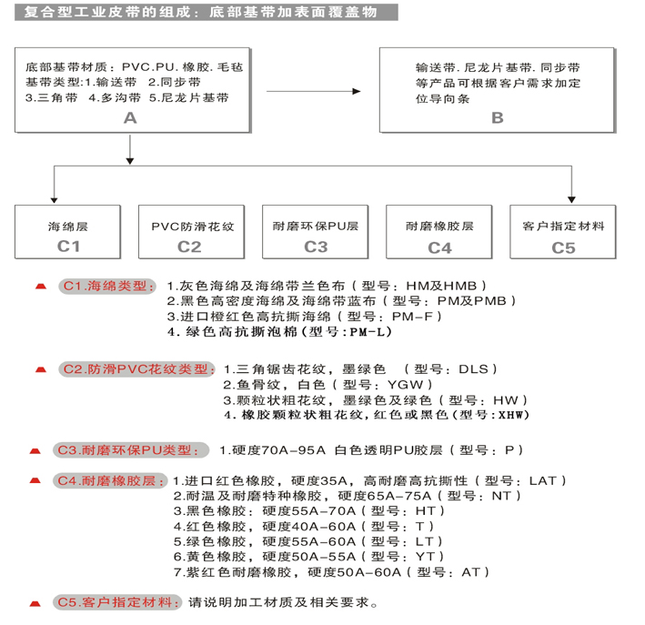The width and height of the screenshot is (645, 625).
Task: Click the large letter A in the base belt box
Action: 130,118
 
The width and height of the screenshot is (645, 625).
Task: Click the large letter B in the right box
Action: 498,118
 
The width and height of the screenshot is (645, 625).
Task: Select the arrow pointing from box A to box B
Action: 314,91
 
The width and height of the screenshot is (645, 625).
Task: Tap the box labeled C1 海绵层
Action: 68,232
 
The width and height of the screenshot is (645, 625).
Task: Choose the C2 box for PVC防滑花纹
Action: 192,232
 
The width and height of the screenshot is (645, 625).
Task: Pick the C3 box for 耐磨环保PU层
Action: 316,232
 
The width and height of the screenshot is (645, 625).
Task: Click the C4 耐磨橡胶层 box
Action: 439,232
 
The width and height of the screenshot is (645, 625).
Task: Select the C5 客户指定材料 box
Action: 563,232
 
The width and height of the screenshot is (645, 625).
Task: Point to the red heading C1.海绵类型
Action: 107,286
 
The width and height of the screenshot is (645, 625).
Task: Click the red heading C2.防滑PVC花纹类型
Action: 137,369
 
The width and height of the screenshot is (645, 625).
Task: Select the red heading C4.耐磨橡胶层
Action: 110,480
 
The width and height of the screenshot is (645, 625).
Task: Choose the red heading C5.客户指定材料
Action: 117,602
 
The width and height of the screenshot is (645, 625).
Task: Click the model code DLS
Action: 473,369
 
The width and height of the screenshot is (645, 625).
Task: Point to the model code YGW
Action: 405,385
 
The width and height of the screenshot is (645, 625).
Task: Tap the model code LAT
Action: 542,480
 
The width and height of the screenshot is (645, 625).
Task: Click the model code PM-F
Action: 413,317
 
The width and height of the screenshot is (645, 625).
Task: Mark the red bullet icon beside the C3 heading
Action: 35,451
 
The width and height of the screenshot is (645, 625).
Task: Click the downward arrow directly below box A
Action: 130,150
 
